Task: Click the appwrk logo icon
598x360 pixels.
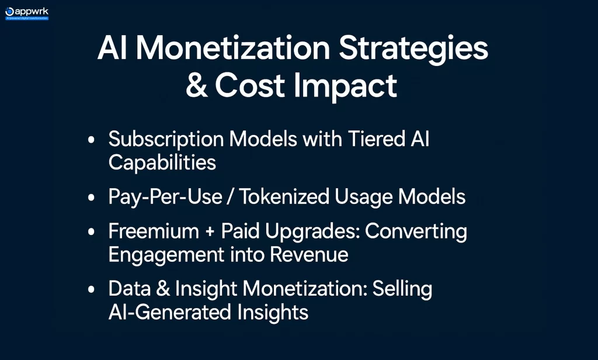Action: pos(9,11)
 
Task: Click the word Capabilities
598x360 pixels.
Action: pos(162,162)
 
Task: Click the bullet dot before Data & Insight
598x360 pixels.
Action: pos(91,290)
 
